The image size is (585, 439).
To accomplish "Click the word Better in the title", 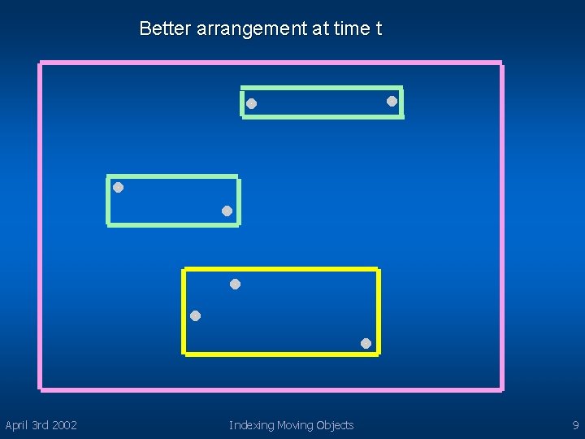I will point(165,29).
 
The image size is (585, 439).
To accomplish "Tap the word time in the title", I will point(351,29).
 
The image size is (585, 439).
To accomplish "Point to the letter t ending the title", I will point(378,29).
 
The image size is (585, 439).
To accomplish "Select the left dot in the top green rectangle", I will point(252,103).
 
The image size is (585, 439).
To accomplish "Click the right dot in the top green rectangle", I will point(392,101).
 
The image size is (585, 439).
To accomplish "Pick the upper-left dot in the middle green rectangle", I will point(118,187).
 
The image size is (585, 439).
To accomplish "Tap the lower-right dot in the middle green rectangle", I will point(227,211).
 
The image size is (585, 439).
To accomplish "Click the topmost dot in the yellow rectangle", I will point(235,284).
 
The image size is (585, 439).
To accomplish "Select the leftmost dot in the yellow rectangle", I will point(195,315).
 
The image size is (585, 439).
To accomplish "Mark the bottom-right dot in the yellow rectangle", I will point(366,343).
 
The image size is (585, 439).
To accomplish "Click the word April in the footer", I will point(16,425).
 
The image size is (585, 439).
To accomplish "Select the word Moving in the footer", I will point(296,425).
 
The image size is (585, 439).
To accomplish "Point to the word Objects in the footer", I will point(335,425).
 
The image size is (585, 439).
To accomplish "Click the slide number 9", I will point(575,425).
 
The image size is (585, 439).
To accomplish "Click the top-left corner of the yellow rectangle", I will point(185,269).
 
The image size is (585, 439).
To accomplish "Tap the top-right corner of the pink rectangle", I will point(501,63).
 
